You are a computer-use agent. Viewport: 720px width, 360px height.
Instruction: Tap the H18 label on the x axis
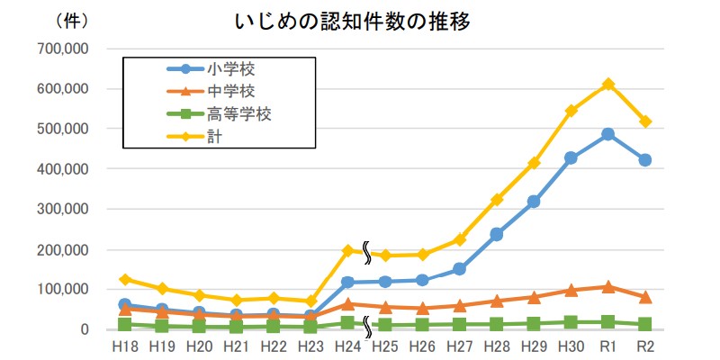click(124, 346)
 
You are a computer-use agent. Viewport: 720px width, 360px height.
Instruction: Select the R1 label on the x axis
click(608, 346)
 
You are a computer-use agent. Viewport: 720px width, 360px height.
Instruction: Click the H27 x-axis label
click(459, 346)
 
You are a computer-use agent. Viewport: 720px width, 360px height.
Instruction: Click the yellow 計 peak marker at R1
click(608, 84)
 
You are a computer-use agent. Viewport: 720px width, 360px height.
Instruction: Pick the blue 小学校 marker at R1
click(608, 134)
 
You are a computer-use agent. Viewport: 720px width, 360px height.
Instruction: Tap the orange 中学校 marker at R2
click(645, 297)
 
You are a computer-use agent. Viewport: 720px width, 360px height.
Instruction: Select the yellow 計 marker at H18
click(124, 279)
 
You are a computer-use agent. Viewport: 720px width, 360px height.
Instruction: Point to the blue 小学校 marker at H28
click(497, 234)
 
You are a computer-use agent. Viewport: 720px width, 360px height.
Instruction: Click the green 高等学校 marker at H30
click(571, 322)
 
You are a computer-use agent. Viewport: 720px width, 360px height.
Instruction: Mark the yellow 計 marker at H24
click(347, 250)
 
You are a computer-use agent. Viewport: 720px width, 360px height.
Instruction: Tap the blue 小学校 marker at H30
click(571, 158)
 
